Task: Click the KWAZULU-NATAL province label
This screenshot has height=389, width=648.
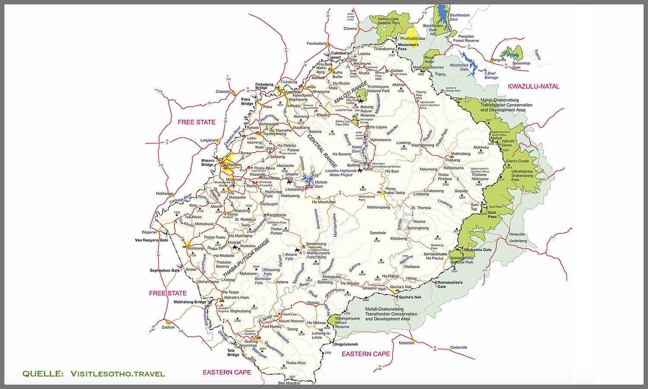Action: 534,86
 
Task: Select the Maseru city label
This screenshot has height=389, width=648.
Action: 235,165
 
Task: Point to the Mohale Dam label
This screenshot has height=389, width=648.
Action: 321,184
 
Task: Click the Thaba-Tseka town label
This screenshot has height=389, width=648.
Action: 394,193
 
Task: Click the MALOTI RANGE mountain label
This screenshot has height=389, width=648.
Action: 351,92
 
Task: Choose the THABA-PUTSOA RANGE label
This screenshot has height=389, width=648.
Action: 246,258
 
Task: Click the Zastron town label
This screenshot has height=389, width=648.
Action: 168,327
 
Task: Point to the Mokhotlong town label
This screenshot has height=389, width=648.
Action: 461,154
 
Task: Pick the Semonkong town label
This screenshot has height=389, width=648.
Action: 316,244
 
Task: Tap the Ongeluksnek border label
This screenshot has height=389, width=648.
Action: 346,344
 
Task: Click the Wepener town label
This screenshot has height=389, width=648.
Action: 149,232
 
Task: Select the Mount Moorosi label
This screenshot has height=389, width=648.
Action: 291,321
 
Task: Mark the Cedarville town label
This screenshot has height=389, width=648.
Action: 458,347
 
